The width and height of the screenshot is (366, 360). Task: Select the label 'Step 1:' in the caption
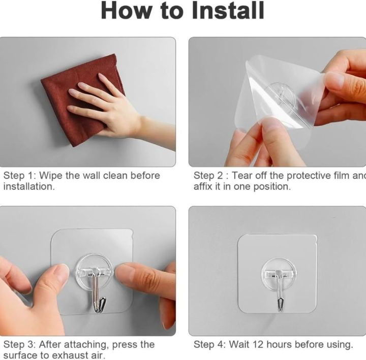pyautogui.click(x=19, y=176)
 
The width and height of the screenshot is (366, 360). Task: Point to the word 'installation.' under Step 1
pyautogui.click(x=28, y=187)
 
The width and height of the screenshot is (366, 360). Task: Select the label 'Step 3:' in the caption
pyautogui.click(x=19, y=344)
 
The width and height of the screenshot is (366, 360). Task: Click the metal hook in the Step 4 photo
pyautogui.click(x=279, y=292)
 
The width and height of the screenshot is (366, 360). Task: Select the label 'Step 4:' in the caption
pyautogui.click(x=209, y=344)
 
